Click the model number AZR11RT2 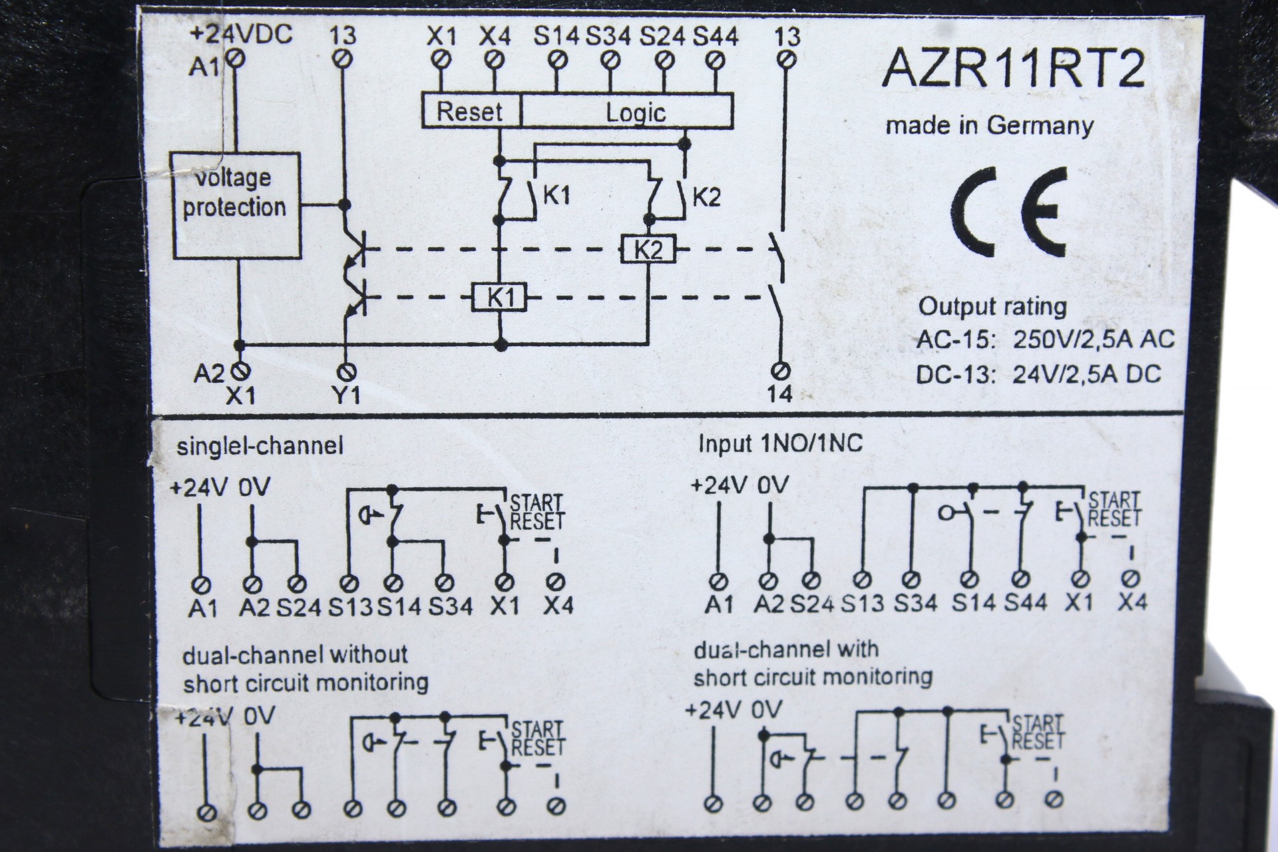pyautogui.click(x=1013, y=69)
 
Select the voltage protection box pyautogui.click(x=236, y=205)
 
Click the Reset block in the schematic pyautogui.click(x=470, y=111)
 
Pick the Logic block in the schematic pyautogui.click(x=635, y=112)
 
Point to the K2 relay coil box pyautogui.click(x=648, y=250)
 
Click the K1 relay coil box pyautogui.click(x=499, y=298)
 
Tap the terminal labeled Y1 pyautogui.click(x=346, y=395)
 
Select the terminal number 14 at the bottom pyautogui.click(x=779, y=394)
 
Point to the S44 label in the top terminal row pyautogui.click(x=716, y=36)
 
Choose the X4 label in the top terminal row pyautogui.click(x=495, y=36)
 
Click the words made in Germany pyautogui.click(x=989, y=126)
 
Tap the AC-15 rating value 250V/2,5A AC pyautogui.click(x=1094, y=339)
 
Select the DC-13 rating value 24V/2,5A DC pyautogui.click(x=1087, y=375)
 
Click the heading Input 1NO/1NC pyautogui.click(x=780, y=443)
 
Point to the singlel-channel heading pyautogui.click(x=260, y=445)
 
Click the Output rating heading pyautogui.click(x=992, y=307)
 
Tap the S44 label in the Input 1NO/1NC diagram pyautogui.click(x=1025, y=602)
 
